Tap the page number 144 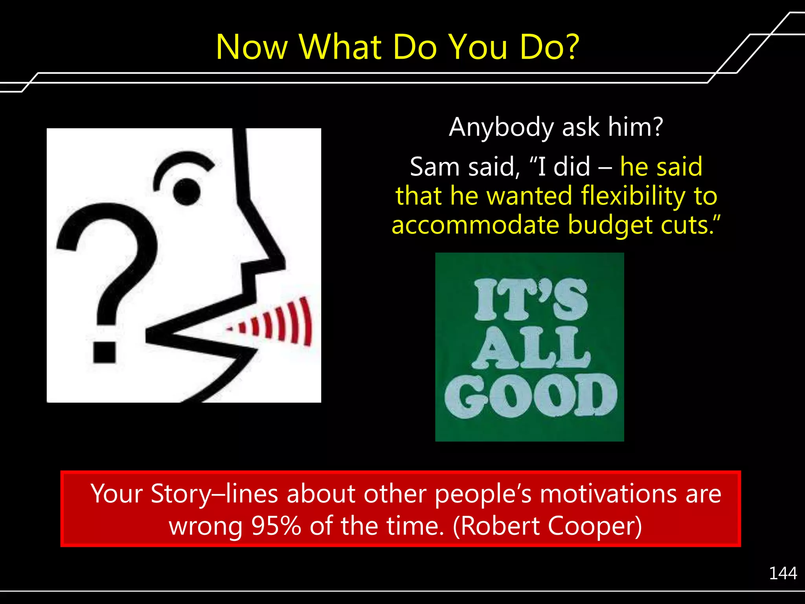pyautogui.click(x=783, y=573)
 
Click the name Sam pyautogui.click(x=434, y=167)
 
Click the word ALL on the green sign pyautogui.click(x=530, y=348)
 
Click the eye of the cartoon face pyautogui.click(x=186, y=192)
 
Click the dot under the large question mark pyautogui.click(x=105, y=352)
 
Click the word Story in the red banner pyautogui.click(x=180, y=494)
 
